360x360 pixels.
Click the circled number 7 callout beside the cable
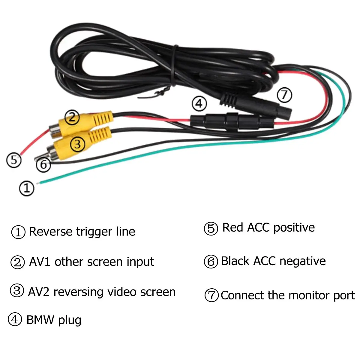(x=284, y=95)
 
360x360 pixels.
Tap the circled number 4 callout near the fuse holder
(x=199, y=104)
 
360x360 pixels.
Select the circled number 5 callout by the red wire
(x=14, y=160)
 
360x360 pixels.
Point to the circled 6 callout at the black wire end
(x=43, y=165)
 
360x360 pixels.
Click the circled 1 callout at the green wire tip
(x=27, y=188)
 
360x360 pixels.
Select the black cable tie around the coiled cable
(x=174, y=65)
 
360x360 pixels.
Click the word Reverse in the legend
(x=51, y=232)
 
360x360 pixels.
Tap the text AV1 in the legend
(x=40, y=262)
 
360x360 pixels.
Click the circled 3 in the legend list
(x=17, y=291)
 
